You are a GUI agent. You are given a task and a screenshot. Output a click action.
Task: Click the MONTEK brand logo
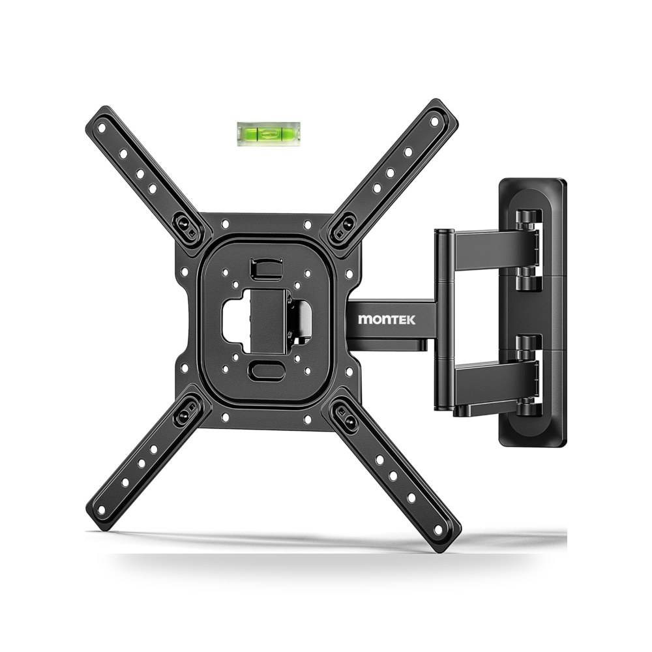point(386,319)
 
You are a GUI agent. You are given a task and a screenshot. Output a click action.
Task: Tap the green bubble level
point(269,134)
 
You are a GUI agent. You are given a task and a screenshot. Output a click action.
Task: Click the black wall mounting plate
point(533,312)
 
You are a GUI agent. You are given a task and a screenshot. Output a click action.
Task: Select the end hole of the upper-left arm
point(102,128)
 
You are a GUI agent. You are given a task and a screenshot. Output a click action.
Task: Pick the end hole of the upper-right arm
point(434,121)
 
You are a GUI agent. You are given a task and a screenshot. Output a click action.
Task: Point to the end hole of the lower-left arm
point(101,510)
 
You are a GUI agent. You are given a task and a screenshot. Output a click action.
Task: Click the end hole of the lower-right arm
point(438,529)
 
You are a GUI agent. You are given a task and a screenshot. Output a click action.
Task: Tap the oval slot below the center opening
point(267,371)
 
